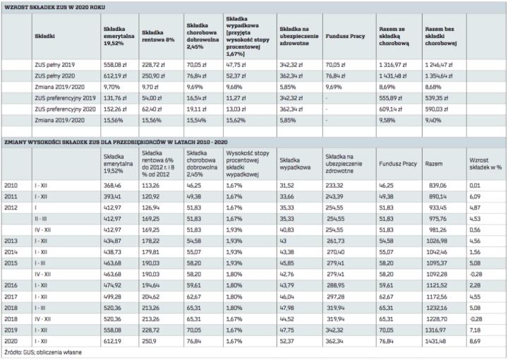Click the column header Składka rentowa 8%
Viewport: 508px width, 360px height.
159,32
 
